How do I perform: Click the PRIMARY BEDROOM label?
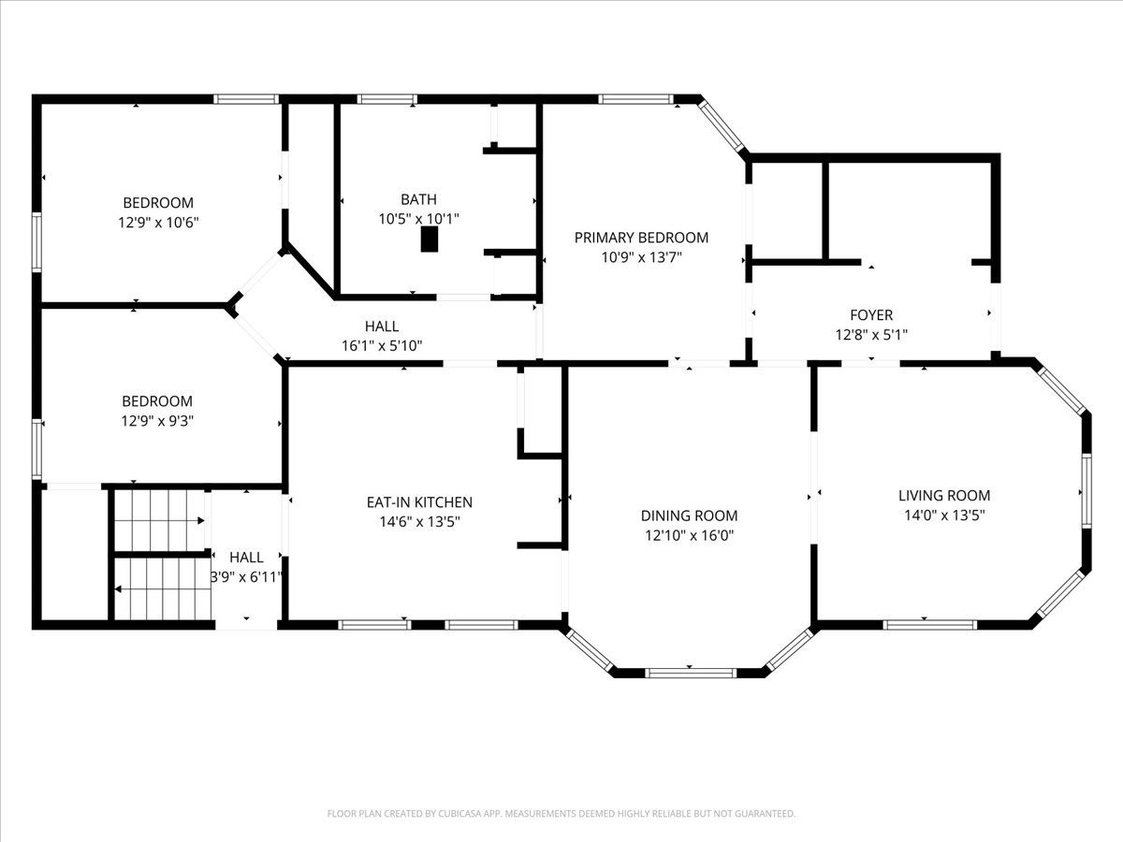point(641,238)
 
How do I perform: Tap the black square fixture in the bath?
point(430,240)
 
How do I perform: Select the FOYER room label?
point(870,315)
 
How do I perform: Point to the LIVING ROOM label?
point(944,496)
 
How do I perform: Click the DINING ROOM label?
point(689,515)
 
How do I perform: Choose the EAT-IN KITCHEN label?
point(419,502)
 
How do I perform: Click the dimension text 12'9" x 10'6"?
point(158,222)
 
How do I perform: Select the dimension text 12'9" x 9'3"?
point(158,421)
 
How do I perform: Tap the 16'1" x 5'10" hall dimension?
point(382,345)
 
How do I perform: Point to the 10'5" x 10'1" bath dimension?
point(418,218)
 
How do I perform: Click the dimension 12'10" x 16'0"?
point(689,536)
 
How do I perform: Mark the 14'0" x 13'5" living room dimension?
point(944,515)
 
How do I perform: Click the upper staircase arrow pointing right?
point(199,520)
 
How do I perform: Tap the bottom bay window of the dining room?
point(691,672)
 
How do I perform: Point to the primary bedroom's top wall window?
point(635,98)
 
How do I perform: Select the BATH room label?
point(418,199)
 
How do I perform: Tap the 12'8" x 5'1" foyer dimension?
point(870,334)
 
